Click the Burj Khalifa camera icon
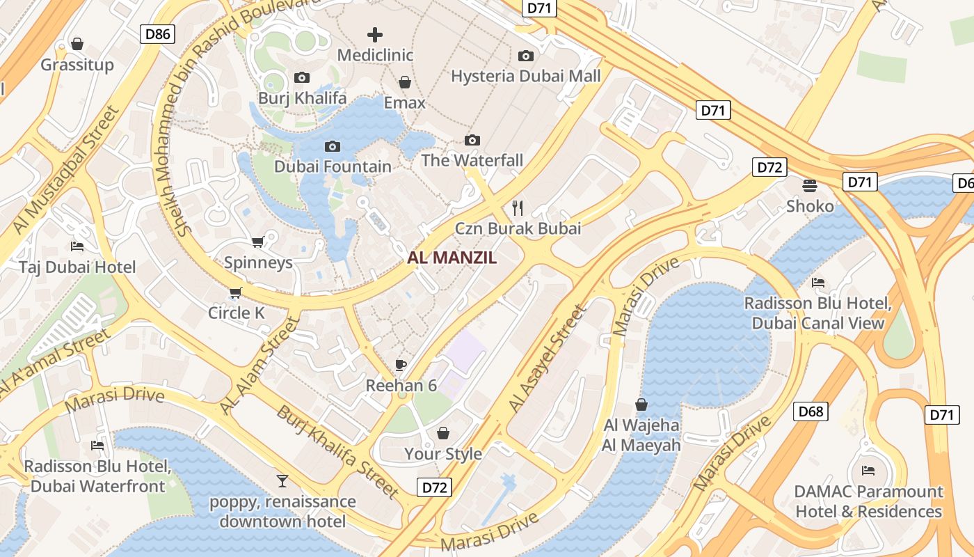pyautogui.click(x=302, y=77)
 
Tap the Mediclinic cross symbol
pyautogui.click(x=375, y=34)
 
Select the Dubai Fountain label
pyautogui.click(x=333, y=166)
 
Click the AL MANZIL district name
pyautogui.click(x=452, y=258)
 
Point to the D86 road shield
pyautogui.click(x=157, y=33)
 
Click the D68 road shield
pyautogui.click(x=811, y=411)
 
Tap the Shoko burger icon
pyautogui.click(x=810, y=185)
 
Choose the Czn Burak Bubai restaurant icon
pyautogui.click(x=518, y=207)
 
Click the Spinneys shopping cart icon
pyautogui.click(x=257, y=242)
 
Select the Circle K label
pyautogui.click(x=237, y=313)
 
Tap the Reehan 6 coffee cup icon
pyautogui.click(x=401, y=364)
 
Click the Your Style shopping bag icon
pyautogui.click(x=443, y=433)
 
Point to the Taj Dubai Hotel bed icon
pyautogui.click(x=77, y=246)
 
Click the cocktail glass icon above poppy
pyautogui.click(x=282, y=480)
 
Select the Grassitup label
pyautogui.click(x=77, y=65)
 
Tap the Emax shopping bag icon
pyautogui.click(x=404, y=82)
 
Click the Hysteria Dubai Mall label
pyautogui.click(x=526, y=75)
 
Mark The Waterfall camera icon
pyautogui.click(x=472, y=140)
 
